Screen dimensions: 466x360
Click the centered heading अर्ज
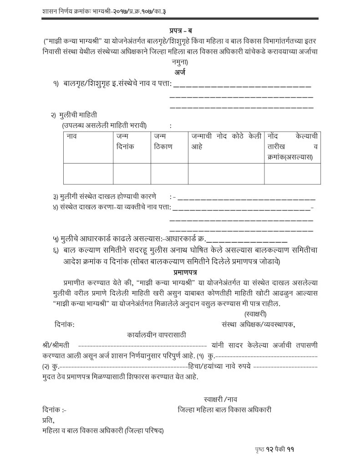point(179,72)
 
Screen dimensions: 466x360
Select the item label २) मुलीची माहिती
point(74,115)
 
